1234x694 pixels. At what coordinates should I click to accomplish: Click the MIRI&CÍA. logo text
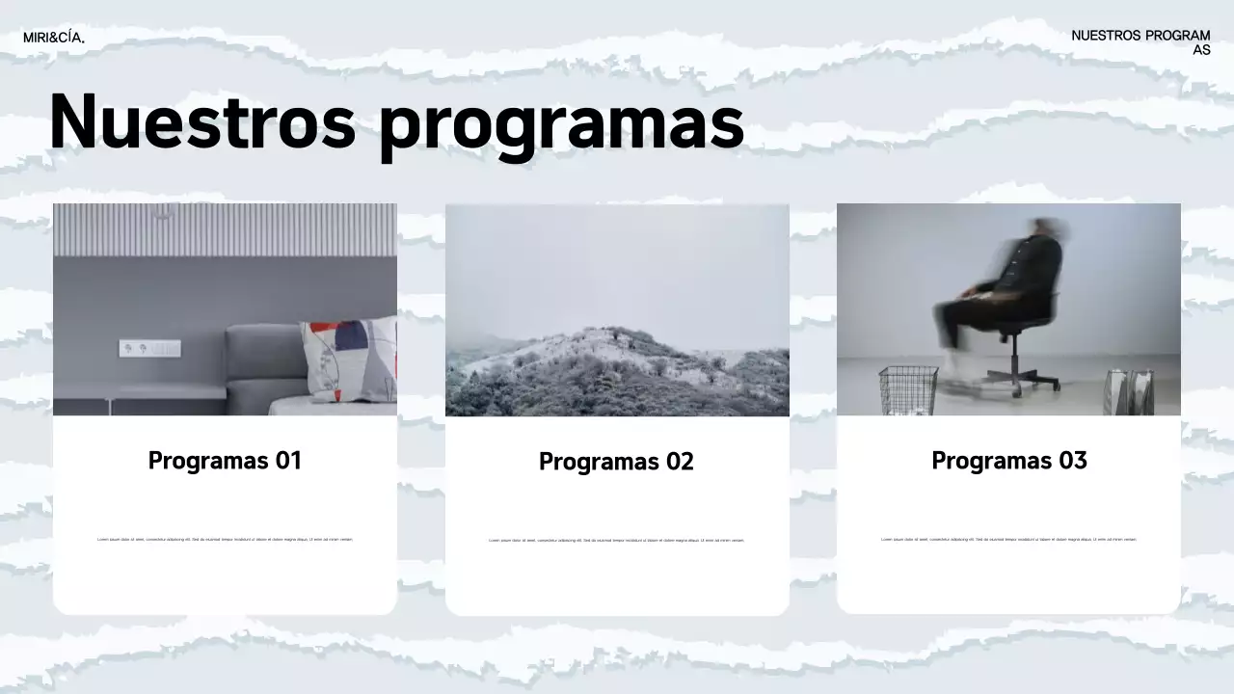[54, 38]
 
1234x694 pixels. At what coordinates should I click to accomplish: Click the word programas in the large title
[561, 125]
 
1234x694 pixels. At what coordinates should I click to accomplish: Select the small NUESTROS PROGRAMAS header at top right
[1140, 42]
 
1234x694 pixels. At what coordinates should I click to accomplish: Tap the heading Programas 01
[225, 461]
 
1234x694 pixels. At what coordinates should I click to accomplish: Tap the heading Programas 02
[616, 462]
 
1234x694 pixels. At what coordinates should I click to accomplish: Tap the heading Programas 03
[1008, 461]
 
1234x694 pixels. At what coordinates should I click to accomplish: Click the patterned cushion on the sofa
[348, 359]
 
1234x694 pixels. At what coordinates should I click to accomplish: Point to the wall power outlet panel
[149, 348]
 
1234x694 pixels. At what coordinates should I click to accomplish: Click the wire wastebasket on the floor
[907, 389]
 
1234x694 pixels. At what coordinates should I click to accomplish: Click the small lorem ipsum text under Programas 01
[225, 540]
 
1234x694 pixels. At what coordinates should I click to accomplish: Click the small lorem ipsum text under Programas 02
[616, 541]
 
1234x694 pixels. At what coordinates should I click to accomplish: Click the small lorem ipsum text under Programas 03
[1008, 540]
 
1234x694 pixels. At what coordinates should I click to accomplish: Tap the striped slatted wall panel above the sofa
[225, 229]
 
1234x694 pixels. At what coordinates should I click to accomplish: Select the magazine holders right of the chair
[1130, 391]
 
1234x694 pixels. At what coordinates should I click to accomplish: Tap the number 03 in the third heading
[1072, 461]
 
